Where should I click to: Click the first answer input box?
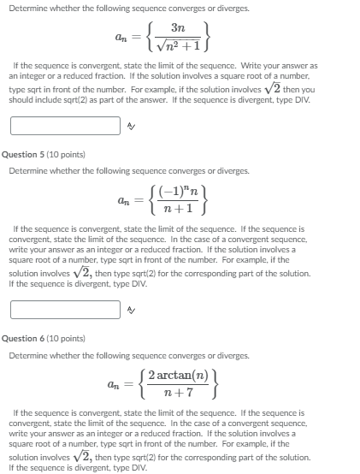65,126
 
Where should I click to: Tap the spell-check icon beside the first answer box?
132,126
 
